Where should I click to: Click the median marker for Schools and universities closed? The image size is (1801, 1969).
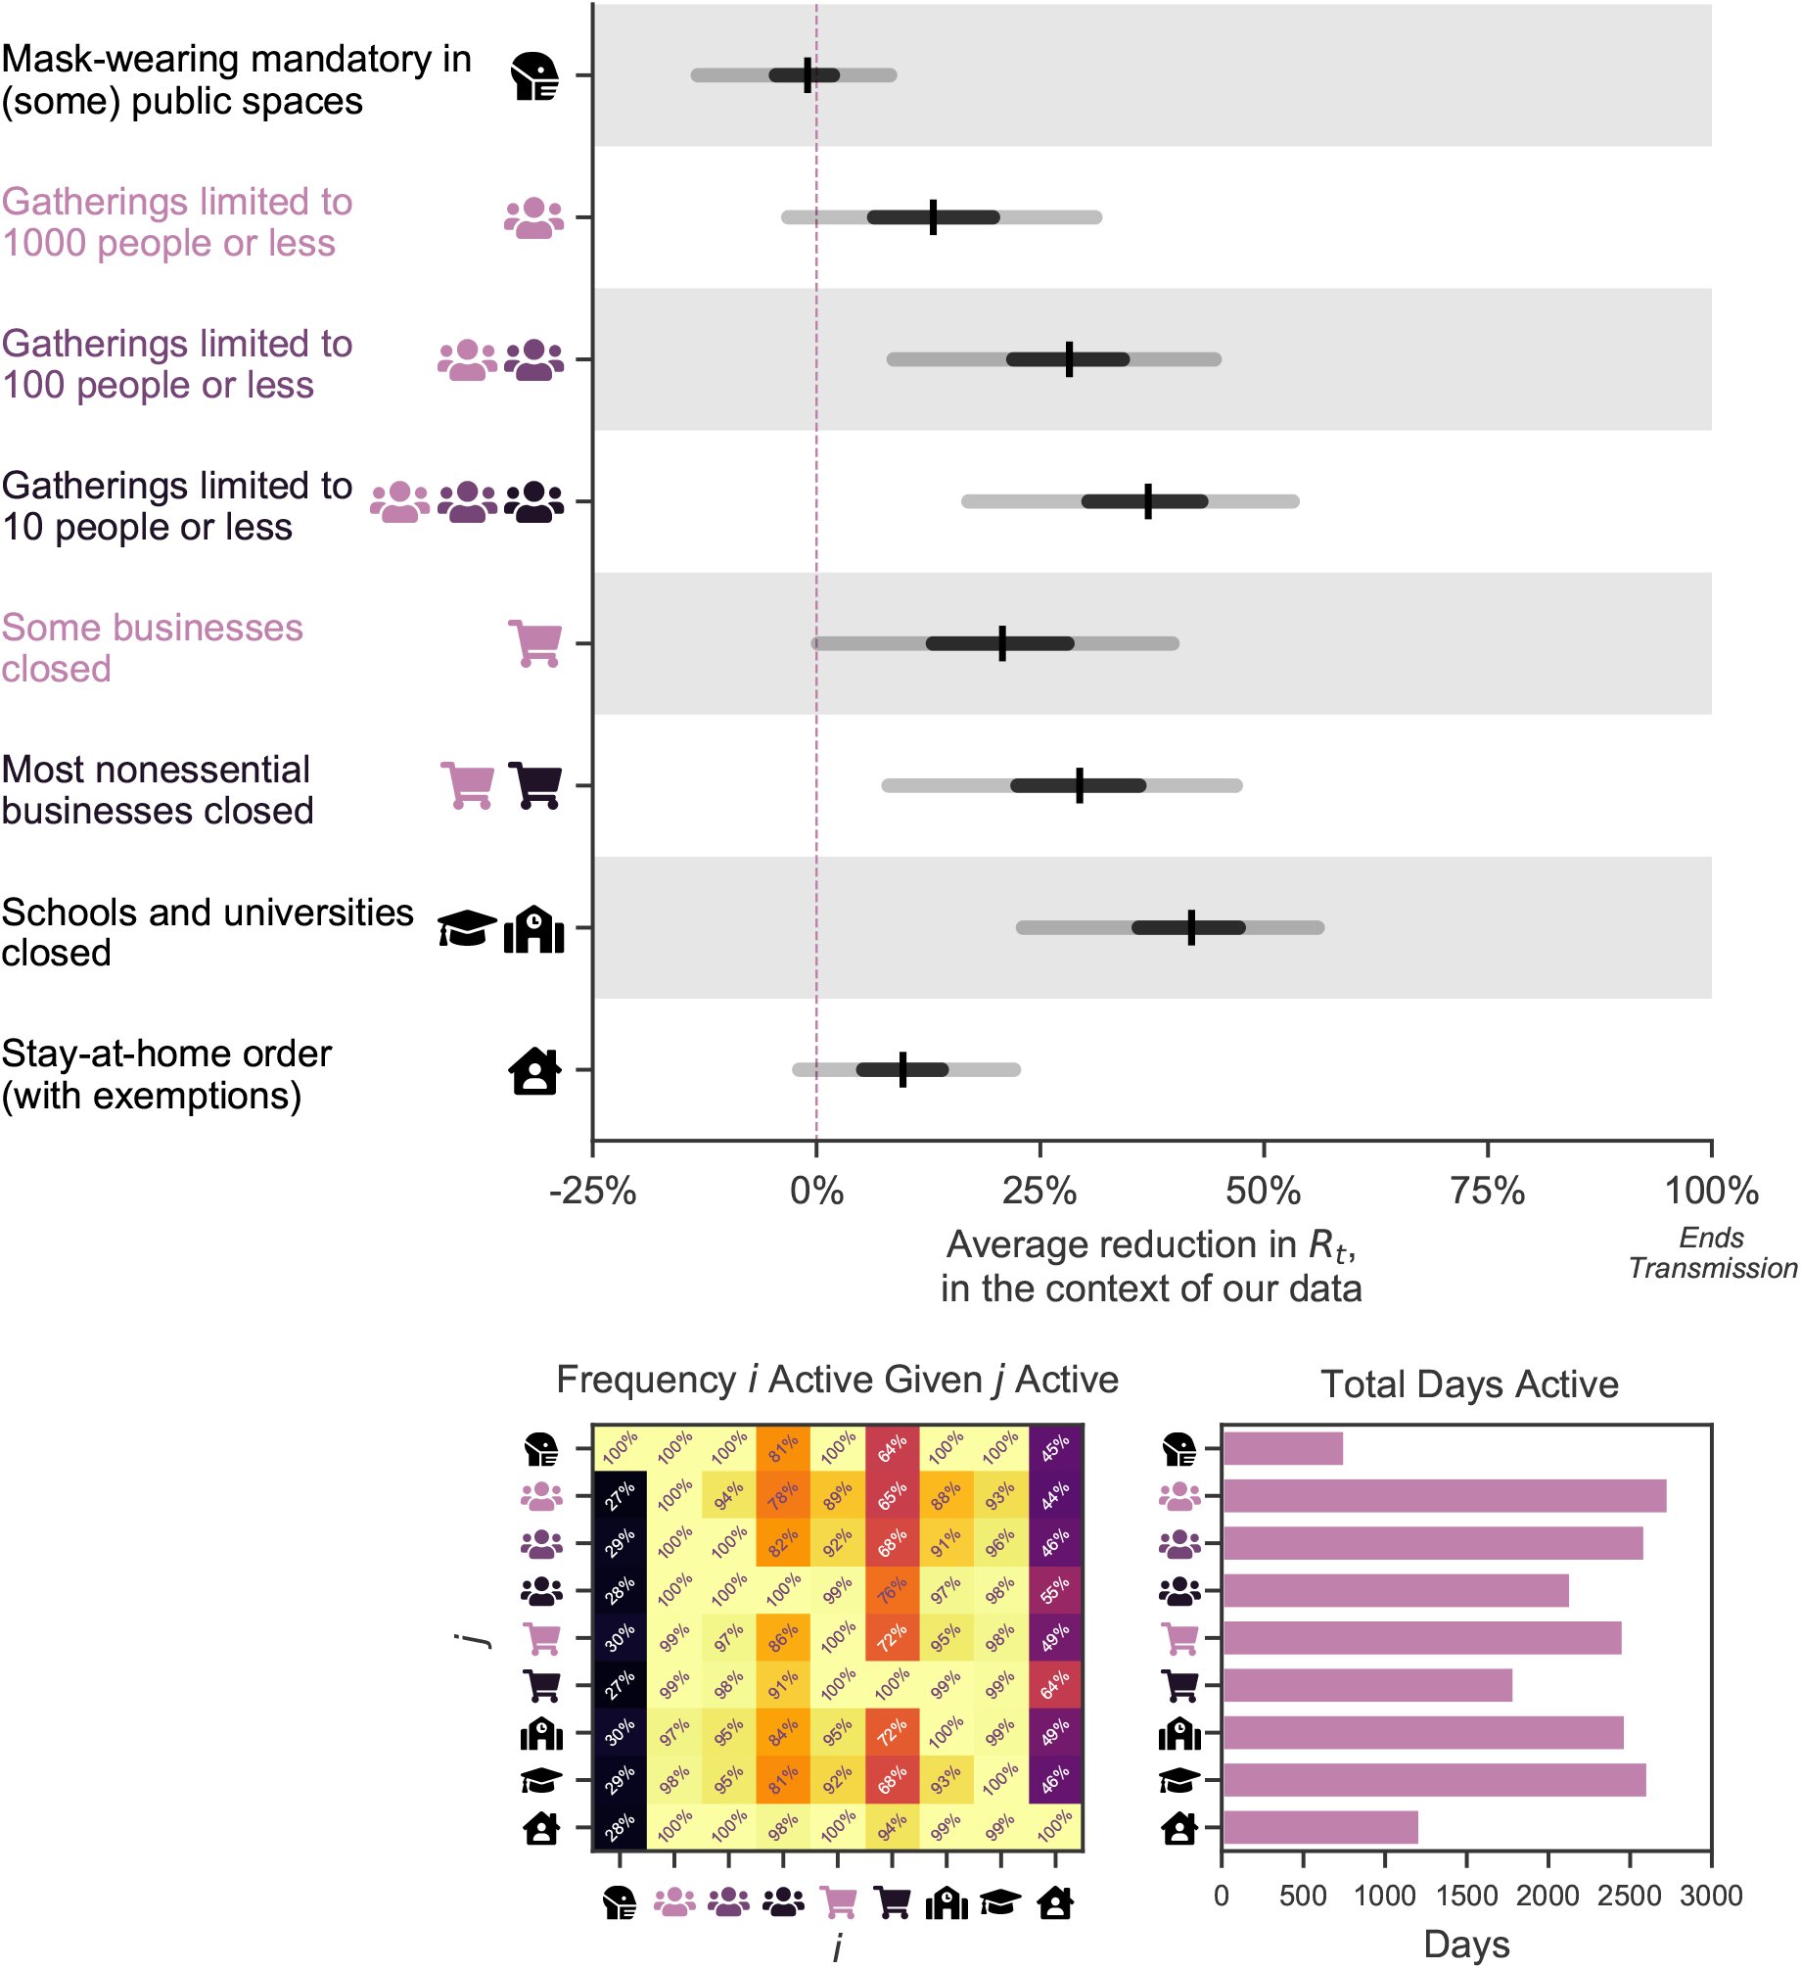1191,927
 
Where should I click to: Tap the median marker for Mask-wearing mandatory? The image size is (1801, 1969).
808,74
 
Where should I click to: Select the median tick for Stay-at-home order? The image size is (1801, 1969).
902,1069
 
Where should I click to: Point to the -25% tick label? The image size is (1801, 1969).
593,1192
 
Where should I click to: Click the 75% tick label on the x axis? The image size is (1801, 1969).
1487,1192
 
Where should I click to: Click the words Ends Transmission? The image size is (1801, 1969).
1713,1252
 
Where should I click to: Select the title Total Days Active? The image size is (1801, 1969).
1469,1384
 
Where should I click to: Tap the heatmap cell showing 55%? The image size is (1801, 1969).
1055,1590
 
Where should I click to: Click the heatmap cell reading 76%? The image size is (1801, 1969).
892,1590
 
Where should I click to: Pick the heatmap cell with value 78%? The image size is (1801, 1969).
783,1495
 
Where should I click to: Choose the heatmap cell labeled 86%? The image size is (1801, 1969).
783,1637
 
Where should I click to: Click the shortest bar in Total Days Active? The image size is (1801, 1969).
1282,1448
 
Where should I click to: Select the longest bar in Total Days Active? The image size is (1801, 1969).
1445,1496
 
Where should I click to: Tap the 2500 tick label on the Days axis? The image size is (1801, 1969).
1630,1896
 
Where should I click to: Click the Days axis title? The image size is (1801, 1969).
1466,1945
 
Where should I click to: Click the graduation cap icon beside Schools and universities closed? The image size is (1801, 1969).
467,928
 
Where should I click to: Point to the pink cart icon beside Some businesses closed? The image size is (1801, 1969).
534,643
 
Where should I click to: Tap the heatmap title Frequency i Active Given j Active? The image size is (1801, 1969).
837,1380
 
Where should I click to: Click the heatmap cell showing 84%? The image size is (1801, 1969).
783,1732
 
